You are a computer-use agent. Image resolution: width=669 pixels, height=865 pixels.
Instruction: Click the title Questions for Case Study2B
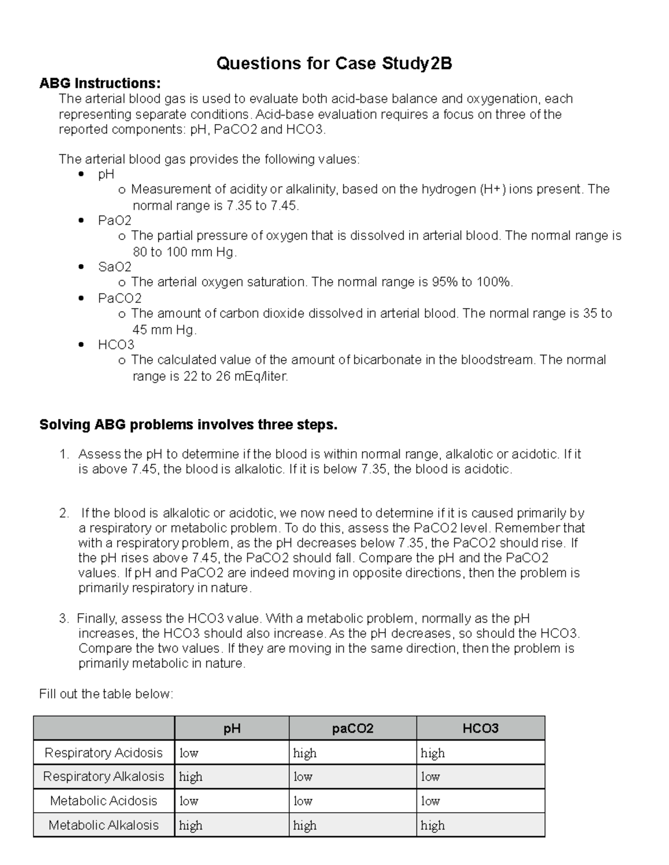pyautogui.click(x=334, y=64)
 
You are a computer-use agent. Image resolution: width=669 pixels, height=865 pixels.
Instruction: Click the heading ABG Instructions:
pyautogui.click(x=100, y=84)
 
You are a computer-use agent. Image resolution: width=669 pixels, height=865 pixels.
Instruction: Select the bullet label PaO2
pyautogui.click(x=115, y=221)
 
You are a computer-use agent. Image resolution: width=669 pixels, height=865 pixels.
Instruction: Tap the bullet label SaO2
pyautogui.click(x=115, y=267)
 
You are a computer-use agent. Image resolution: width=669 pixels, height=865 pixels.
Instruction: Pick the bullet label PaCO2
pyautogui.click(x=120, y=298)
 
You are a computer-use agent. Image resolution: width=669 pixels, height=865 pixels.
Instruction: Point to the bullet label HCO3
pyautogui.click(x=116, y=345)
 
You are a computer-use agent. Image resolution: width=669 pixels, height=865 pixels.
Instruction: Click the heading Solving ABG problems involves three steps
pyautogui.click(x=188, y=425)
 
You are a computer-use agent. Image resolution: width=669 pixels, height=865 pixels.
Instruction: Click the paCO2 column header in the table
pyautogui.click(x=352, y=729)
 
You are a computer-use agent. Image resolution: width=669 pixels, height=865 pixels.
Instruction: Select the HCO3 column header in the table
pyautogui.click(x=480, y=729)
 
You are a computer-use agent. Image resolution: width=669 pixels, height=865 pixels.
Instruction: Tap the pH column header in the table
pyautogui.click(x=232, y=729)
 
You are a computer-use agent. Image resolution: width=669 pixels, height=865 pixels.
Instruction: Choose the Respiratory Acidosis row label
pyautogui.click(x=104, y=753)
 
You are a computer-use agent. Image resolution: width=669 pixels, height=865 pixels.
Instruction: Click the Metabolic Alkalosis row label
pyautogui.click(x=104, y=825)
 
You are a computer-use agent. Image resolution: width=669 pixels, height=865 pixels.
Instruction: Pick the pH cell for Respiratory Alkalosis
pyautogui.click(x=191, y=777)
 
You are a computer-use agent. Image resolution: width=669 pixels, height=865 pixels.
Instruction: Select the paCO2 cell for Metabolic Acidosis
pyautogui.click(x=303, y=801)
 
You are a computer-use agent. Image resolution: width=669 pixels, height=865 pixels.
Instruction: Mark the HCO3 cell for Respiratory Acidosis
pyautogui.click(x=433, y=753)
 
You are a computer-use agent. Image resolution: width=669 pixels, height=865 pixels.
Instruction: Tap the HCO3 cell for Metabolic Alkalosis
pyautogui.click(x=433, y=825)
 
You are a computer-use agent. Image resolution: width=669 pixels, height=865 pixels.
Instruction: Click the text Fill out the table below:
pyautogui.click(x=106, y=694)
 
